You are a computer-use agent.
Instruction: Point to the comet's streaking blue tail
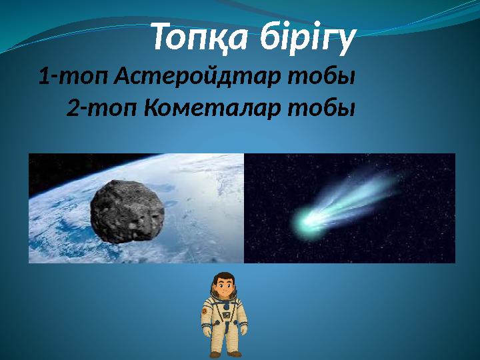[x=360, y=193]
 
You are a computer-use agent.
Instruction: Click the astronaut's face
[x=224, y=289]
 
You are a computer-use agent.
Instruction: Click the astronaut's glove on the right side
[x=244, y=329]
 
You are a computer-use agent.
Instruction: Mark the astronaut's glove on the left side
[x=207, y=331]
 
